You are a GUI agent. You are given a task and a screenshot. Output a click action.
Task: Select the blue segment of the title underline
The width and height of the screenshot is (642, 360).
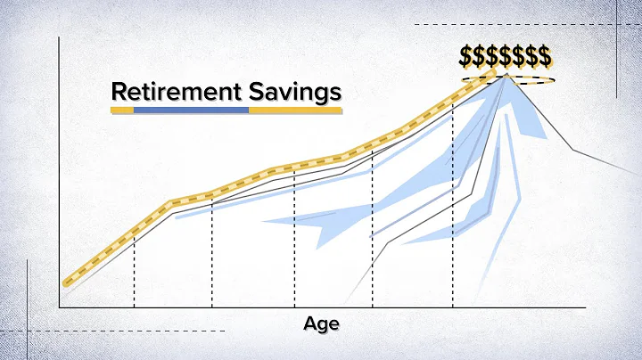(x=191, y=110)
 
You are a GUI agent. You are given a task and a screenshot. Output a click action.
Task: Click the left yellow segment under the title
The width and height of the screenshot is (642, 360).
(x=122, y=110)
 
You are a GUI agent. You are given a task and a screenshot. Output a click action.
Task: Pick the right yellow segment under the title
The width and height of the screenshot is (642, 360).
(x=294, y=110)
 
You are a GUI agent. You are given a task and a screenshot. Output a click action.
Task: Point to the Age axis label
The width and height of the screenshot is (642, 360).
(x=321, y=323)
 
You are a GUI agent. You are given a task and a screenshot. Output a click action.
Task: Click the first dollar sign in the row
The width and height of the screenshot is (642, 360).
(x=466, y=56)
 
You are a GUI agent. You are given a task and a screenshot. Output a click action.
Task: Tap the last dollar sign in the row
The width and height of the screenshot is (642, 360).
(x=543, y=56)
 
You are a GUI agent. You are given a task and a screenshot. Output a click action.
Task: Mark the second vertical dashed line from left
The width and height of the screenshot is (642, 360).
(x=211, y=258)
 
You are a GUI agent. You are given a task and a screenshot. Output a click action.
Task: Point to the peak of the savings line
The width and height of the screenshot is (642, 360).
(x=506, y=75)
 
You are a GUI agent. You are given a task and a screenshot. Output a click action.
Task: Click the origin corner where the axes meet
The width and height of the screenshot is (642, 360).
(x=59, y=308)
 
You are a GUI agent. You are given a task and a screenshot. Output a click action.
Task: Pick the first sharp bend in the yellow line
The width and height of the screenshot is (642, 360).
(x=169, y=205)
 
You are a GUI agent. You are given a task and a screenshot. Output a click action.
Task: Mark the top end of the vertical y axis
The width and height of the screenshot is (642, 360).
(x=59, y=37)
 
